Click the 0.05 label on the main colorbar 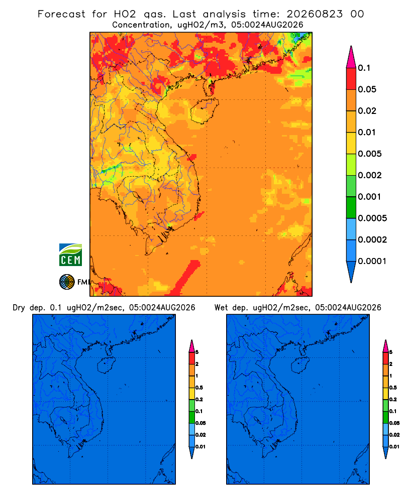click(367, 89)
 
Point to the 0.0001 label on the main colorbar click(372, 261)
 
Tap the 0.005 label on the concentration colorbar click(370, 154)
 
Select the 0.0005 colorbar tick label click(372, 218)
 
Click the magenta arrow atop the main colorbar click(351, 57)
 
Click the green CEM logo click(70, 255)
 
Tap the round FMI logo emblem click(67, 282)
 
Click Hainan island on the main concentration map click(204, 110)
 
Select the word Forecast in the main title click(61, 14)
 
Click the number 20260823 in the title click(315, 14)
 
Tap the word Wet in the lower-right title click(221, 308)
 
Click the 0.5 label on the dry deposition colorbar click(199, 388)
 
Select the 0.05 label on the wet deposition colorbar click(394, 423)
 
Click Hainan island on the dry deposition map click(106, 365)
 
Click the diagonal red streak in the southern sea click(185, 277)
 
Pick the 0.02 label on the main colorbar click(367, 111)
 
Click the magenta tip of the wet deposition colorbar click(385, 346)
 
